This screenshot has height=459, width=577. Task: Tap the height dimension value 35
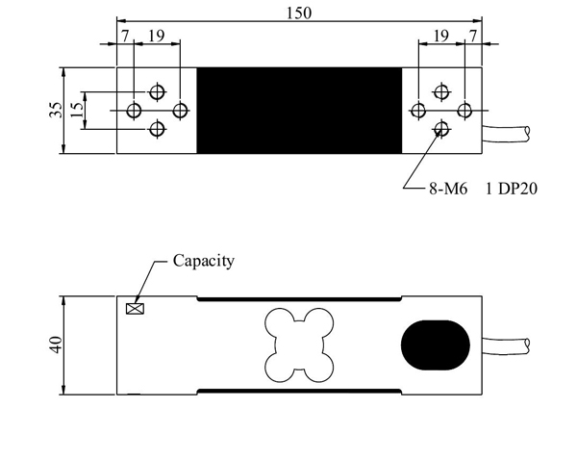[x=54, y=110]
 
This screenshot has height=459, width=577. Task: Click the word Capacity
[x=203, y=261]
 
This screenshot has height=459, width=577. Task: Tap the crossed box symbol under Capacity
[x=135, y=309]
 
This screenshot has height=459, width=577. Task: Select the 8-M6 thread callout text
[x=447, y=191]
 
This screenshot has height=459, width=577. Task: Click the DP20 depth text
[x=514, y=191]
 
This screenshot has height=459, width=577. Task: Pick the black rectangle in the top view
[x=298, y=110]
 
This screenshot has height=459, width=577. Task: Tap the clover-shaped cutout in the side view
[x=298, y=344]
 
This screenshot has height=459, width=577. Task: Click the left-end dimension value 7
[x=125, y=35]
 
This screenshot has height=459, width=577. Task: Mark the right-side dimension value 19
[x=441, y=35]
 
